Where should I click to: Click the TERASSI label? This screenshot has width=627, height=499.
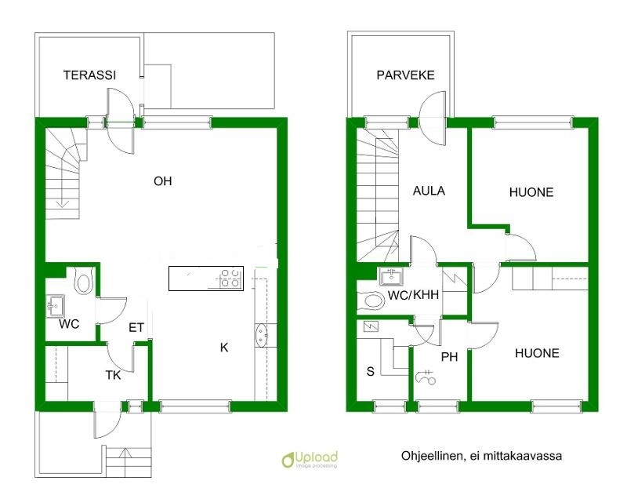(89, 75)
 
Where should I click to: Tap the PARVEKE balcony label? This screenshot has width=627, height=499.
(405, 75)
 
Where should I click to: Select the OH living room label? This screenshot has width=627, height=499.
(163, 181)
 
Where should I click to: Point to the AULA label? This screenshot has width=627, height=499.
(429, 191)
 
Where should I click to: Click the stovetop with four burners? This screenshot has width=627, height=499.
(230, 278)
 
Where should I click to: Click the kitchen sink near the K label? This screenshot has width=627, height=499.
(262, 334)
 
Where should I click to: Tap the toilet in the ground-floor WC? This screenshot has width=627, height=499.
(84, 282)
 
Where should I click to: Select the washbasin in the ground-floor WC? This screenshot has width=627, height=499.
(55, 306)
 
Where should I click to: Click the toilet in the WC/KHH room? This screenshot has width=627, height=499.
(371, 301)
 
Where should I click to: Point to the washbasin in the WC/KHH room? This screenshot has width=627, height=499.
(390, 277)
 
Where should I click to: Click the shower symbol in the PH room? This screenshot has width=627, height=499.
(426, 377)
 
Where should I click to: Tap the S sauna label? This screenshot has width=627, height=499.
(371, 371)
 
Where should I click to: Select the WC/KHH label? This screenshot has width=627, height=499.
(413, 295)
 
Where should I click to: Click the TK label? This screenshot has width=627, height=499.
(113, 375)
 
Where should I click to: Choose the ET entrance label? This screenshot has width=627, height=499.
(136, 328)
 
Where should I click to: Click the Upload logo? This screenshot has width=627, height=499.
(310, 459)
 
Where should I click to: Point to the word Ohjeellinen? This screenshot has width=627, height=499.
(433, 456)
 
